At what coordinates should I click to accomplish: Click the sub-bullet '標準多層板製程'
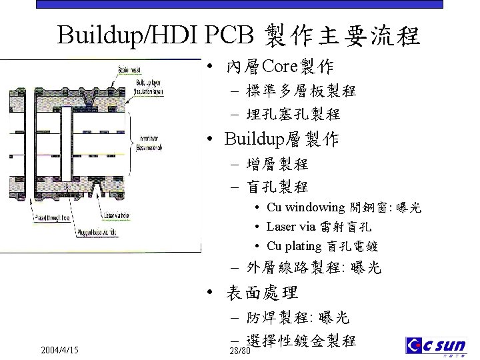point(301,91)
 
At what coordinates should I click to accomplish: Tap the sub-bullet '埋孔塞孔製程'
point(293,114)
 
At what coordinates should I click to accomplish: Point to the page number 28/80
point(239,351)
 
